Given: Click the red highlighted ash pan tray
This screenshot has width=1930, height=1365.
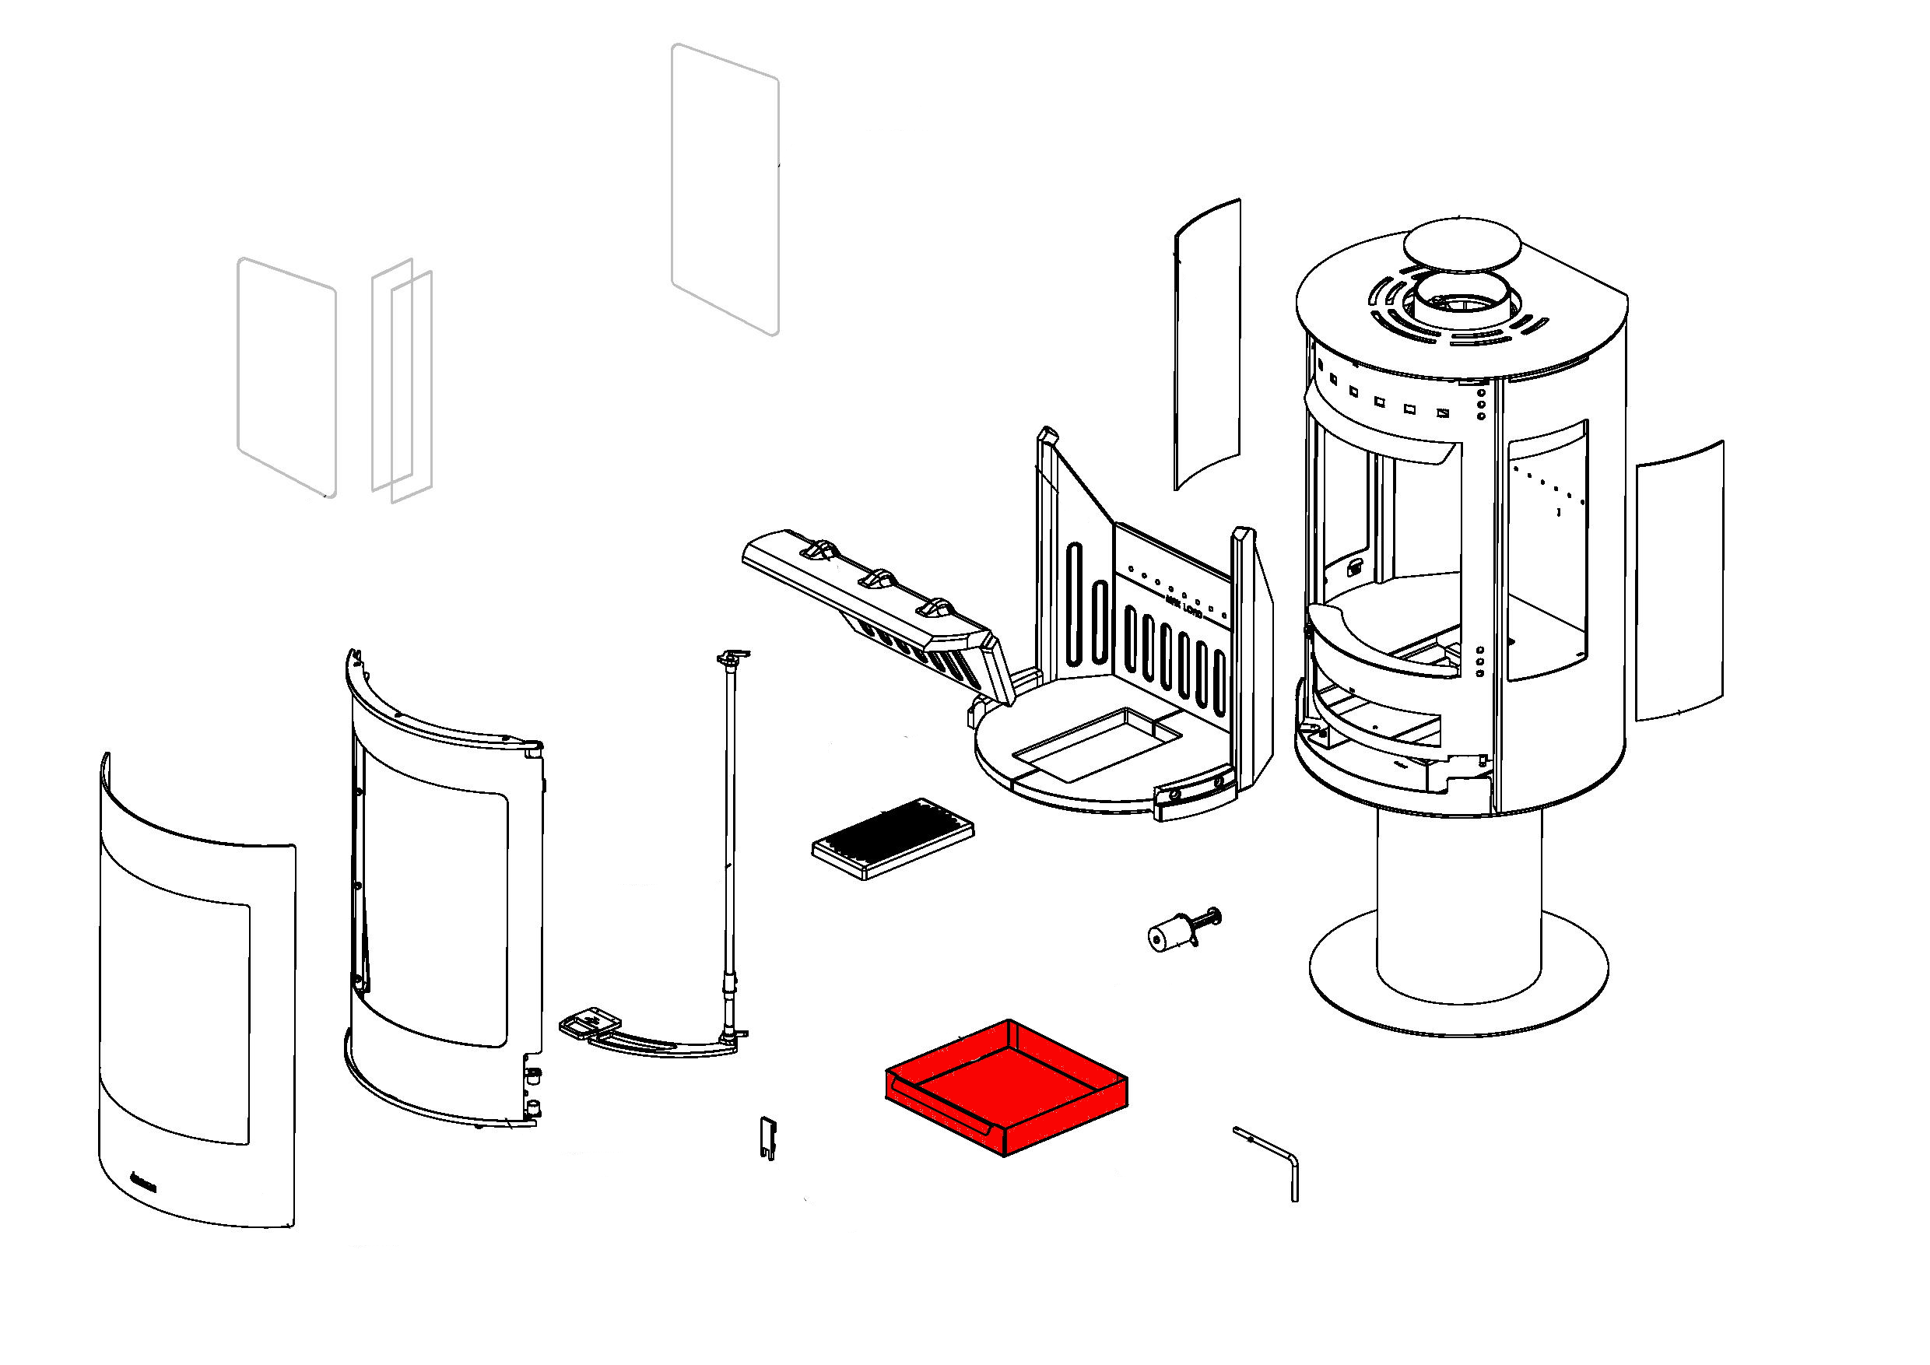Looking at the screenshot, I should click(1005, 1088).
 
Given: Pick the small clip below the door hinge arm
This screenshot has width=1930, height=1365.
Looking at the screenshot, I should click(767, 1137).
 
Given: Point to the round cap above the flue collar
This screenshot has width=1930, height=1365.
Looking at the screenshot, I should click(1461, 248).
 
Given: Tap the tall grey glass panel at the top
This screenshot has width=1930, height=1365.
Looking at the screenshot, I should click(725, 189).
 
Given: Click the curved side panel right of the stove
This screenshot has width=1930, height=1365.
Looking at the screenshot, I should click(1679, 580).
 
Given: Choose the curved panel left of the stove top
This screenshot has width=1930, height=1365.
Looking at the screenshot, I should click(1207, 345).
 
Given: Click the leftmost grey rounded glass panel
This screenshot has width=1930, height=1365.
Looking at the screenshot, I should click(286, 377).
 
